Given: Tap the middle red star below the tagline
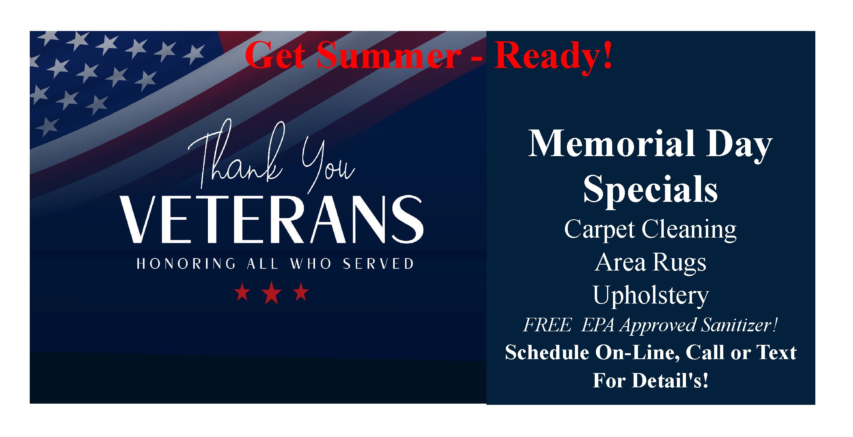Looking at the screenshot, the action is pos(272,293).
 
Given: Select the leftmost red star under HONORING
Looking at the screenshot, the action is pos(242,293).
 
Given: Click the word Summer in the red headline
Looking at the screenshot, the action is pos(388,55).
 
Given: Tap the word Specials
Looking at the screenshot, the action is pos(651,189).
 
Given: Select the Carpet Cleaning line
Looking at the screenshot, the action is pos(651,230).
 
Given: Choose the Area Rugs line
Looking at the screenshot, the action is pos(651,263).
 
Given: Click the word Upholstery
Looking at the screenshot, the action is pos(651,296).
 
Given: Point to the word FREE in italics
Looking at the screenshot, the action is pos(548,325).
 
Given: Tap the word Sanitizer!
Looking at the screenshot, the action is pos(739,325).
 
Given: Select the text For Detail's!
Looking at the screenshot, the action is pos(651,380).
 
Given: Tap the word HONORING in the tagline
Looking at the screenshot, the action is pos(186,264).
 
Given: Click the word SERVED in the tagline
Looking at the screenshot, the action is pos(378,264).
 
